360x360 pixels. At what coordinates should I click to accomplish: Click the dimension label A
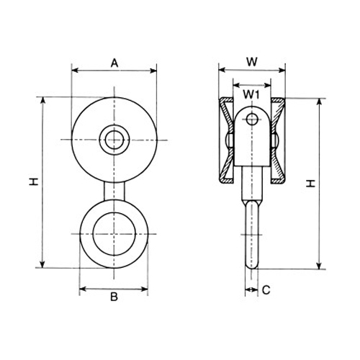[x=114, y=63]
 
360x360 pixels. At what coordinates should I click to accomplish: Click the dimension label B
[x=114, y=297]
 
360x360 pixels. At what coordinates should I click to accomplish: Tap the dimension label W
[x=252, y=62]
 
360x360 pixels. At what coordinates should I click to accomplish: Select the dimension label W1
[x=251, y=95]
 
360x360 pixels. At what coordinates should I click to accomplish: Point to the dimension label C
[x=266, y=290]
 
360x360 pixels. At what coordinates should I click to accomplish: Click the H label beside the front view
[x=34, y=182]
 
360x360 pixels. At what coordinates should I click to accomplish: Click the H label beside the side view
[x=311, y=184]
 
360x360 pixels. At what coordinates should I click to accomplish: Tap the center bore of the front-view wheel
[x=114, y=140]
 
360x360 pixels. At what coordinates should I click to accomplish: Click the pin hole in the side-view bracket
[x=252, y=120]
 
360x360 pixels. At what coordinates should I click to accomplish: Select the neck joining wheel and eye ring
[x=114, y=192]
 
